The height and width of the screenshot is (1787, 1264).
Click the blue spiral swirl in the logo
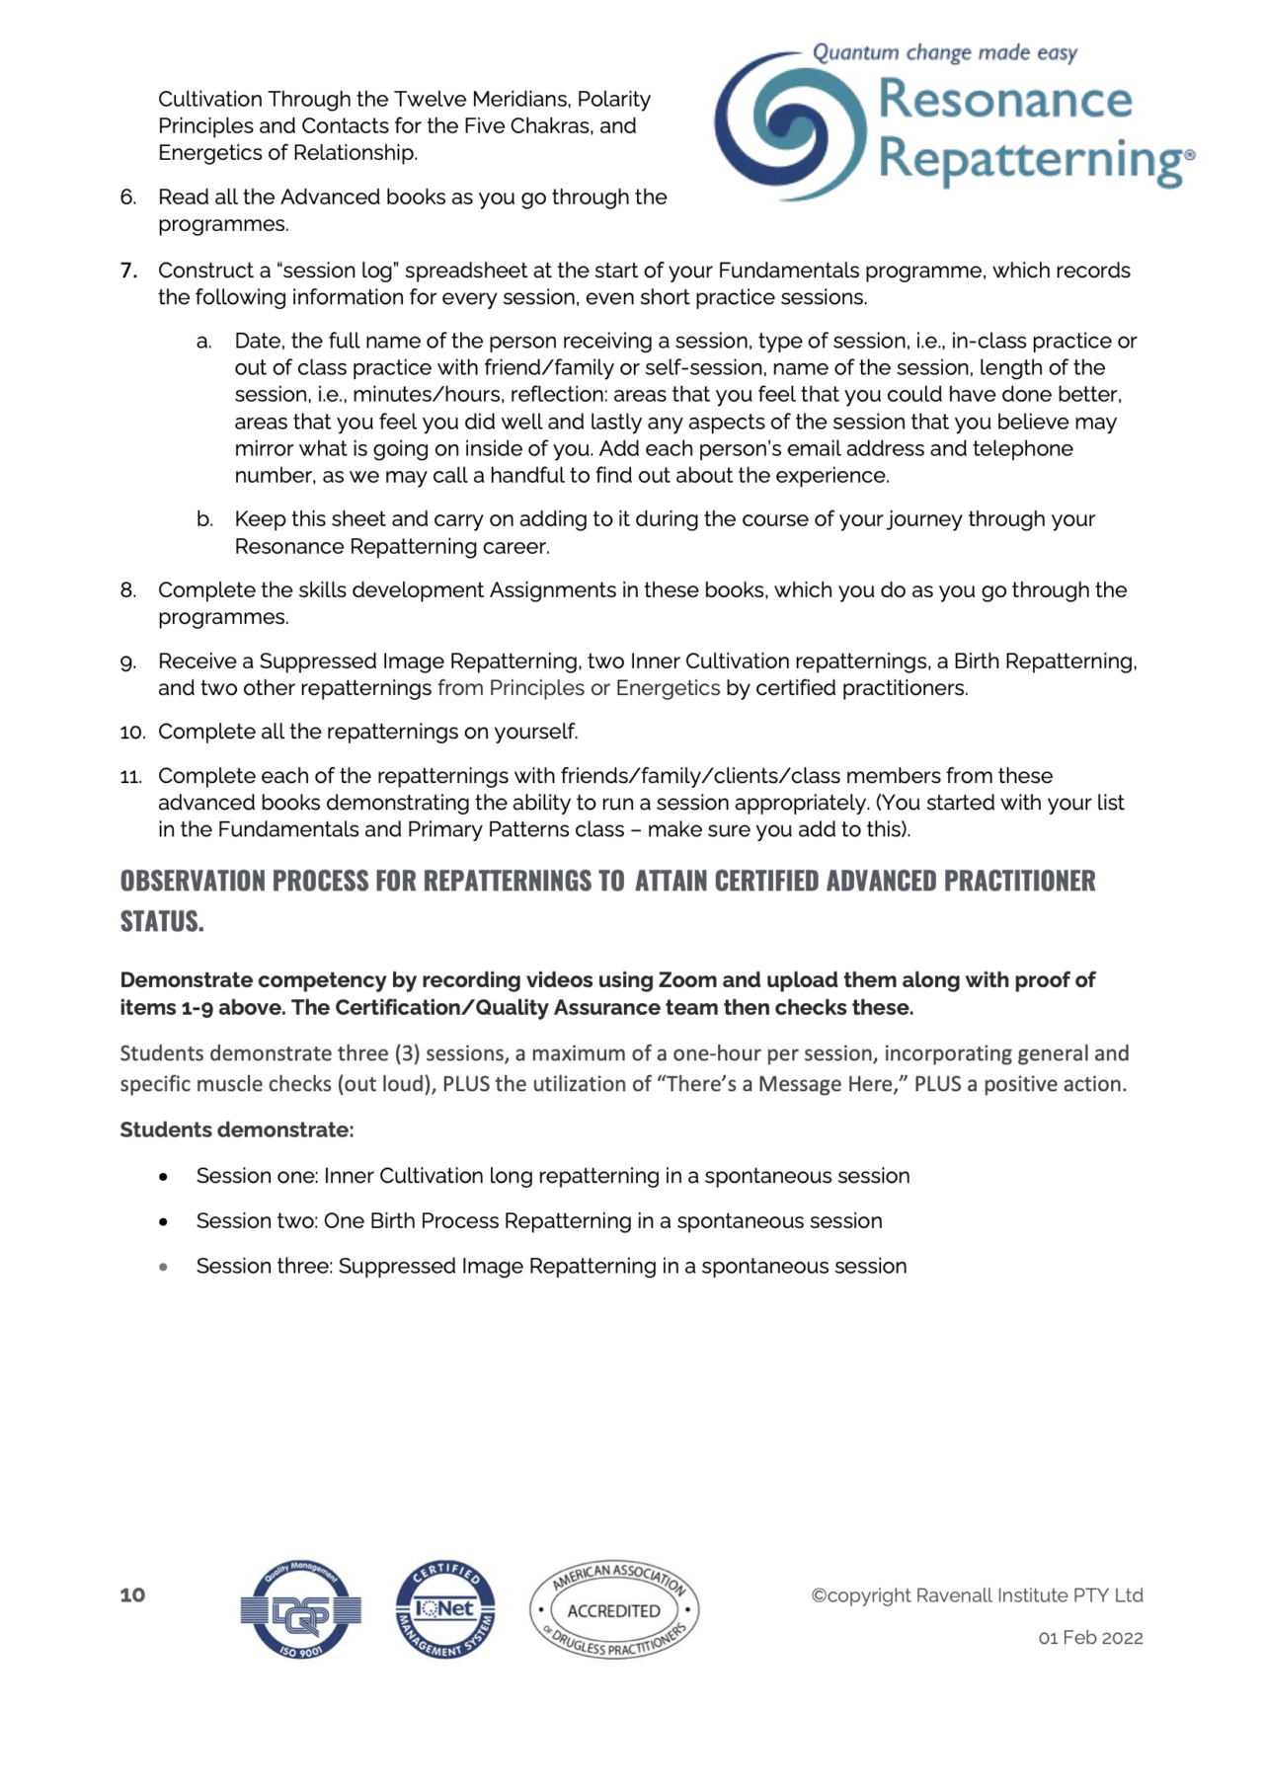788,126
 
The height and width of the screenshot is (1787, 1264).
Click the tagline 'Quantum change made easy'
944,52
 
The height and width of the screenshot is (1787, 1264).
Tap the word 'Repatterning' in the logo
1032,160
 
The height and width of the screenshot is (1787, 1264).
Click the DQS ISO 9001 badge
301,1610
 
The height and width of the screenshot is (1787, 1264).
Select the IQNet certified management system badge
445,1610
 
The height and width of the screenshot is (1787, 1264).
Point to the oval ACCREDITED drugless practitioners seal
614,1610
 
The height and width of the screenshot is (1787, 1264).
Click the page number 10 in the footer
132,1595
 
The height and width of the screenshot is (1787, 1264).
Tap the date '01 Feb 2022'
1090,1638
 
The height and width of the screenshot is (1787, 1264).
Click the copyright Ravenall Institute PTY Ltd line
977,1595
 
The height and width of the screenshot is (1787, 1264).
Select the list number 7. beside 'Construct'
128,271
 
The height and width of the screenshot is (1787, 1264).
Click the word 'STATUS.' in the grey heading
162,921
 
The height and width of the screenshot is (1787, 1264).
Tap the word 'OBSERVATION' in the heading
192,881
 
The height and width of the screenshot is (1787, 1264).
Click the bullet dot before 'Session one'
164,1177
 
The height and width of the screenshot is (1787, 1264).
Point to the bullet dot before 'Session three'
164,1267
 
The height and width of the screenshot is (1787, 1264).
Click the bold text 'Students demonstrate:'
237,1129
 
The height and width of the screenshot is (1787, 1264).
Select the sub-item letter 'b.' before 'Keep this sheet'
204,519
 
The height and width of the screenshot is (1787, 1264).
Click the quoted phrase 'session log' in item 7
339,271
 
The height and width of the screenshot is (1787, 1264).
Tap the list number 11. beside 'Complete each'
131,777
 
